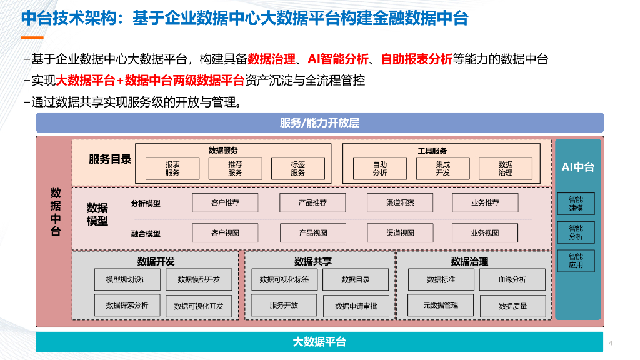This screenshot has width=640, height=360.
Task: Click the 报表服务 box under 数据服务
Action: click(172, 168)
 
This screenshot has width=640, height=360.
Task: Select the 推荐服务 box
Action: click(235, 168)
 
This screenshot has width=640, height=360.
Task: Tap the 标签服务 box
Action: click(297, 168)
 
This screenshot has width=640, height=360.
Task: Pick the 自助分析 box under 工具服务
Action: click(380, 168)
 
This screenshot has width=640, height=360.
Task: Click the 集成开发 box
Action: click(442, 168)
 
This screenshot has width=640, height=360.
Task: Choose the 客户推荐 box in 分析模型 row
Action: click(225, 203)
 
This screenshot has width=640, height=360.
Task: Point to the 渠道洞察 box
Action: click(400, 203)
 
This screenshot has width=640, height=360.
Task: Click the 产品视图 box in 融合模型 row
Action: click(312, 233)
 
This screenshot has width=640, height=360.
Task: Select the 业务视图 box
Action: click(485, 233)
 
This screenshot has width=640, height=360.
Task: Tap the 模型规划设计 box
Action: click(127, 279)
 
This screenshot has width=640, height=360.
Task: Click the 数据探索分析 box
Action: click(127, 306)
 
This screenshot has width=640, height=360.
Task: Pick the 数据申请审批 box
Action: click(356, 306)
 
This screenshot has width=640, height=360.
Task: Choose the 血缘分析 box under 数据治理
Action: click(512, 279)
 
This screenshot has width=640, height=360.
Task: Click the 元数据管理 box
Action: click(441, 306)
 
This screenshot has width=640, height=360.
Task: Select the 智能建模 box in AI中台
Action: click(576, 204)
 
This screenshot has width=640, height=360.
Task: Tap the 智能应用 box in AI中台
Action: click(576, 261)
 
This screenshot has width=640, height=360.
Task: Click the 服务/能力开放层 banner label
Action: click(319, 122)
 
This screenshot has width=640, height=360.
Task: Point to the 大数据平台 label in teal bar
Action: click(319, 342)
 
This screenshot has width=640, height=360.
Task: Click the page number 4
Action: click(610, 343)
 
